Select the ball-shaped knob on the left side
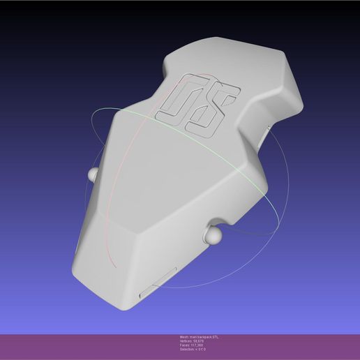92,173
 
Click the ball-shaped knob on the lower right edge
212,235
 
